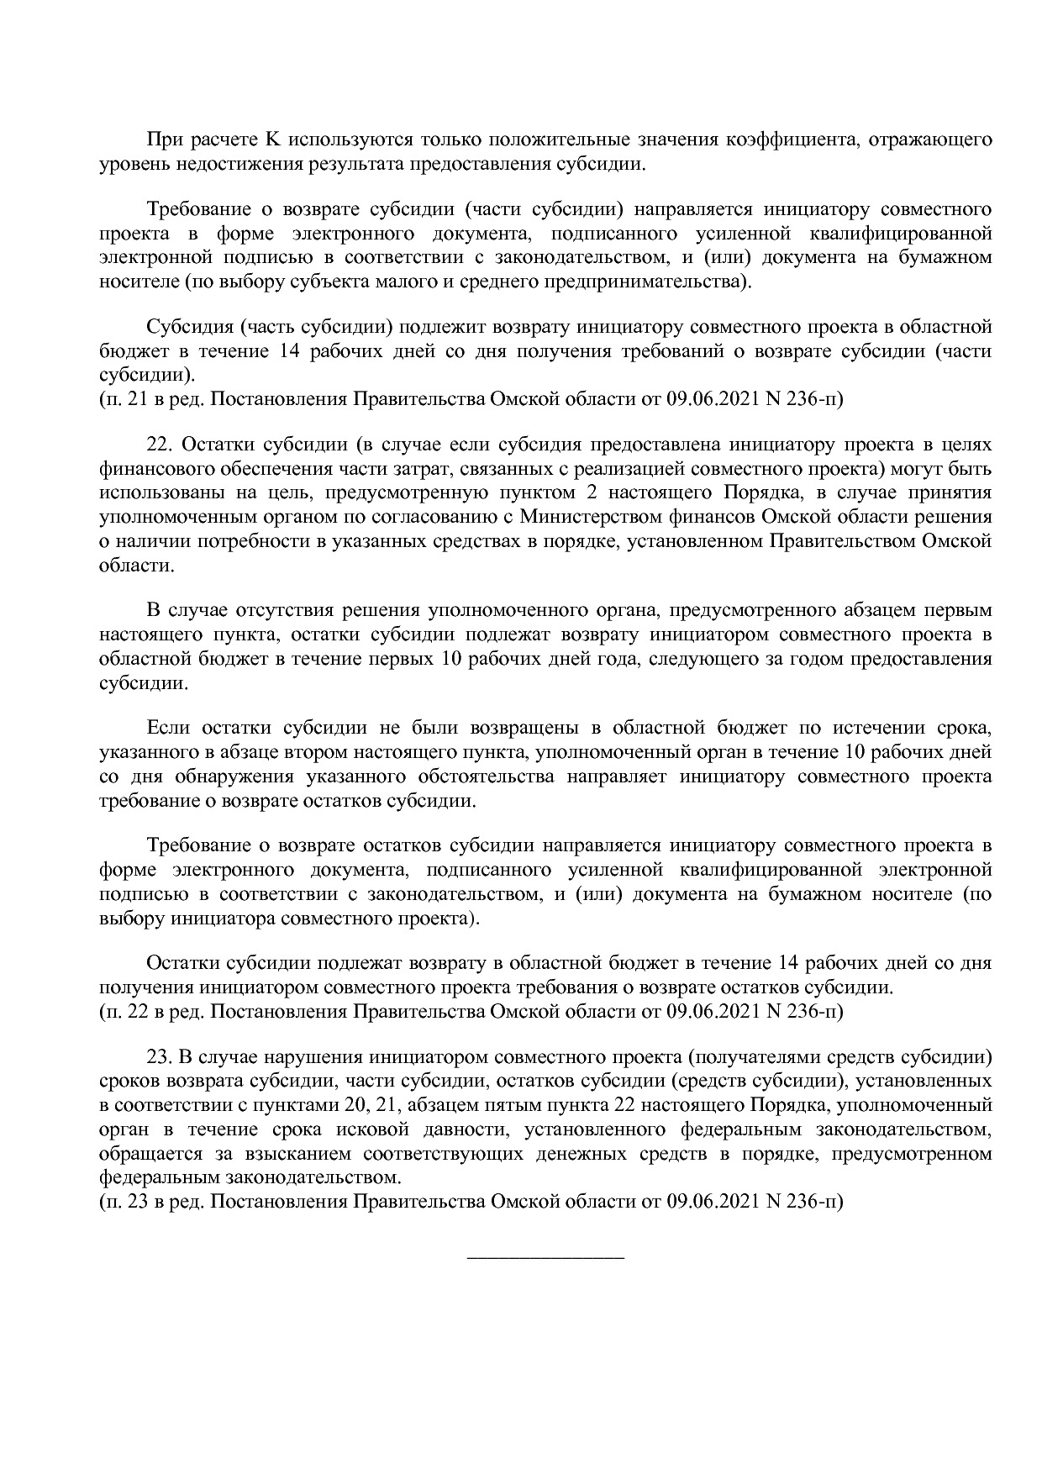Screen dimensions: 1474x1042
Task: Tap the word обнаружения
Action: pos(219,776)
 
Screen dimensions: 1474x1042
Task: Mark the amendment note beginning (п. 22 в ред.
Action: pos(471,1011)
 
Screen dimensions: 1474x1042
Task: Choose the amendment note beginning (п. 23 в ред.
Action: pos(471,1203)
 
